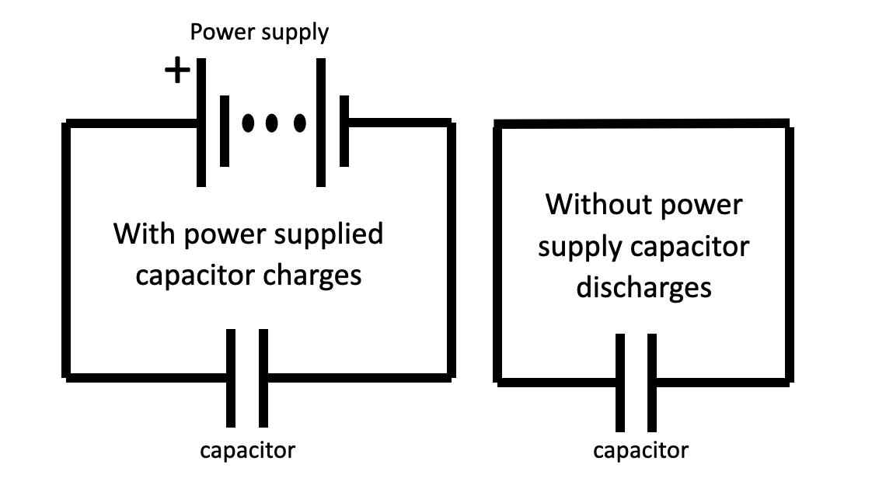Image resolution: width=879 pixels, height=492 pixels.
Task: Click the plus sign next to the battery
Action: coord(177,71)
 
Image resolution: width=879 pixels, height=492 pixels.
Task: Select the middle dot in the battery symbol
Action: coord(272,123)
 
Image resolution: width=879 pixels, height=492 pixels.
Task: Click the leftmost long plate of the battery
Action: coord(201,122)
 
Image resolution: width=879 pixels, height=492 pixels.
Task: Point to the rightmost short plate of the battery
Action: coord(344,130)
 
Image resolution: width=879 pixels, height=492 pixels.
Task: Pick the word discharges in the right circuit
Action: coord(644,287)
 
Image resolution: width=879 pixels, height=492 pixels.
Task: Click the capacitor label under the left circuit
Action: coord(248,449)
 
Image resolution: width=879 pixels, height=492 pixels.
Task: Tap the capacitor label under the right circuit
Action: coord(640,450)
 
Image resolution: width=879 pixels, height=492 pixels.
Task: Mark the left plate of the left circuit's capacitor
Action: coord(231,378)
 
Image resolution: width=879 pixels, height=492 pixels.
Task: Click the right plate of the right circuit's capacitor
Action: coord(651,383)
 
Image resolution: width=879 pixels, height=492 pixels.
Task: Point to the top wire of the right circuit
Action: coord(643,124)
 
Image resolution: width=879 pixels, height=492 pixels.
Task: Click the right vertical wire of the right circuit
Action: coord(789,252)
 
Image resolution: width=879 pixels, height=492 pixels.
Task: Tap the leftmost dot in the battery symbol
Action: coord(248,123)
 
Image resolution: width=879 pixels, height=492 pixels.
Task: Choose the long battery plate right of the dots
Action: coord(320,122)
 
